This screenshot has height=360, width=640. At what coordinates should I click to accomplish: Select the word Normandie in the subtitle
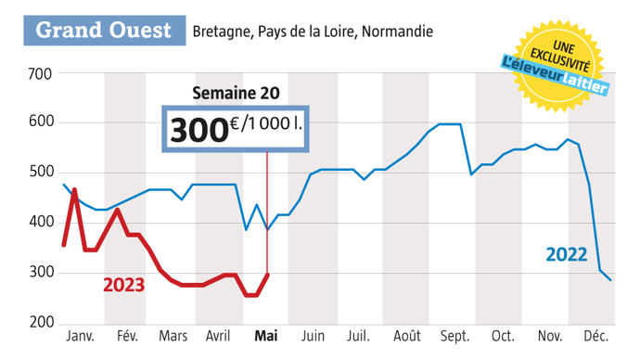[x=397, y=32]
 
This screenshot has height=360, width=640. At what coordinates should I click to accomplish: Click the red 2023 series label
[x=123, y=285]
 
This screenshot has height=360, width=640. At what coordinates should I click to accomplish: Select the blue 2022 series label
[x=567, y=253]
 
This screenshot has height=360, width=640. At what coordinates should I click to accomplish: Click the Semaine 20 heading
[x=235, y=93]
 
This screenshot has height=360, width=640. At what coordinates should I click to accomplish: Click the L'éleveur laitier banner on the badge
[x=555, y=76]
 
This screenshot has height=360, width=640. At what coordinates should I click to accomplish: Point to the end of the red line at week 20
[x=267, y=274]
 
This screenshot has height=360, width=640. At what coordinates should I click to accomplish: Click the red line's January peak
[x=73, y=189]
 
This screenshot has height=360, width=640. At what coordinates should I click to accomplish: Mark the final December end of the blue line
[x=610, y=280]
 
